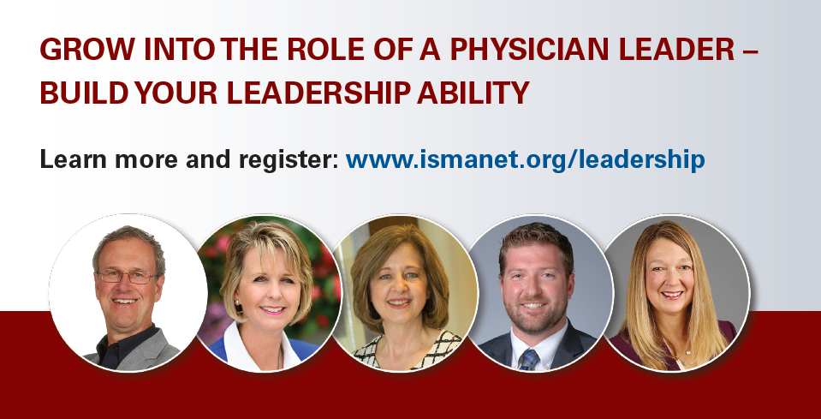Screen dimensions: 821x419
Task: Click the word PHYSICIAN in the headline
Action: pos(529,50)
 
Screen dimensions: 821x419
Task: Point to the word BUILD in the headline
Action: pos(84,93)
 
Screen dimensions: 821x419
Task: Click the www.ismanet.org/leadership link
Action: pos(525,159)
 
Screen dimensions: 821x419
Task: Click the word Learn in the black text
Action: pos(74,159)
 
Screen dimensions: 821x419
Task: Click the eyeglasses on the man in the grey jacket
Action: pos(127,276)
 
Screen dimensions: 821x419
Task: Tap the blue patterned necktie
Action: pos(528,359)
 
